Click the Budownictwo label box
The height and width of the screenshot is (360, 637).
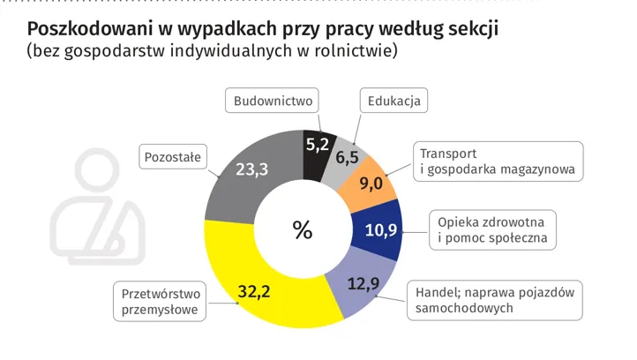coord(273,101)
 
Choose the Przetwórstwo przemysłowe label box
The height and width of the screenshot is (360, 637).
coord(161,302)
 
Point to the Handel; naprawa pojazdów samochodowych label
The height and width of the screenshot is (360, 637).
coord(494,300)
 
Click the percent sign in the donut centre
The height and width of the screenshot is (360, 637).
coord(303,231)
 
